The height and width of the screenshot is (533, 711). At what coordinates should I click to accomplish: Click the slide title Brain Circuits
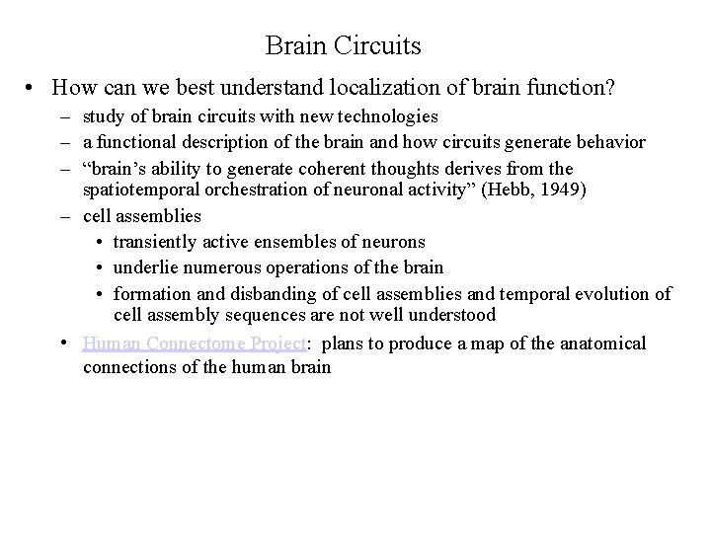click(x=343, y=45)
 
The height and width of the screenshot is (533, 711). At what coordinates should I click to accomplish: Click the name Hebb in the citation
click(x=508, y=190)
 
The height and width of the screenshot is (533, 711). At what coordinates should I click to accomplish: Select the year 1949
click(x=560, y=190)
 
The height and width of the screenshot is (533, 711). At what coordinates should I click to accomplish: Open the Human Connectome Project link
click(x=196, y=343)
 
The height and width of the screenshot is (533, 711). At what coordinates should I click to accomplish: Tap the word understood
click(x=453, y=315)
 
